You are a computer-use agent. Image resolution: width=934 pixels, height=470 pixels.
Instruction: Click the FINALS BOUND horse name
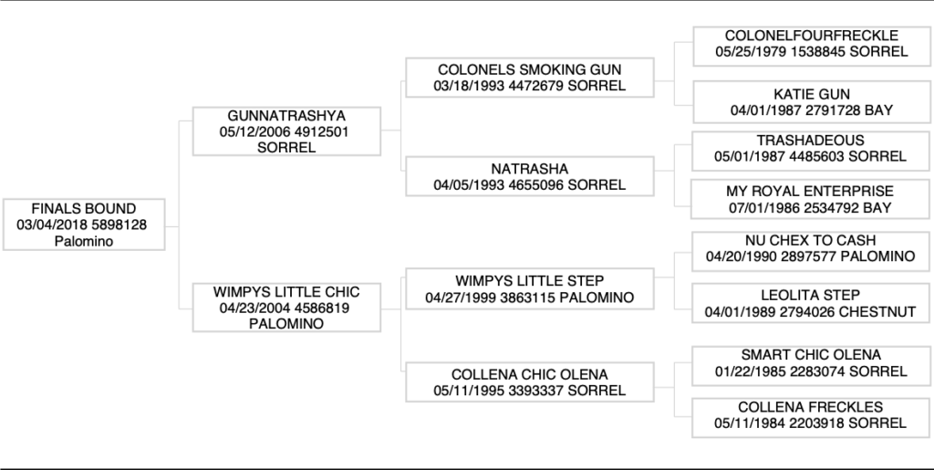tap(84, 209)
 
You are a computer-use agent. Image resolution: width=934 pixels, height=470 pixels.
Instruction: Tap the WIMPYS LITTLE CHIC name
tap(286, 292)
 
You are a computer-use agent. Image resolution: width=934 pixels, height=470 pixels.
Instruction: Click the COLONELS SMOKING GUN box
tap(530, 78)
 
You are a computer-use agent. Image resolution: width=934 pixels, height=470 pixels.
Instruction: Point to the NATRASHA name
tap(530, 169)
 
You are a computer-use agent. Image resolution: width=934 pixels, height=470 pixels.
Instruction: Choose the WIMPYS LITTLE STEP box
tap(530, 279)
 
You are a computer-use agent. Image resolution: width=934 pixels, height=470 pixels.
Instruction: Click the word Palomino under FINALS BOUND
tap(84, 241)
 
